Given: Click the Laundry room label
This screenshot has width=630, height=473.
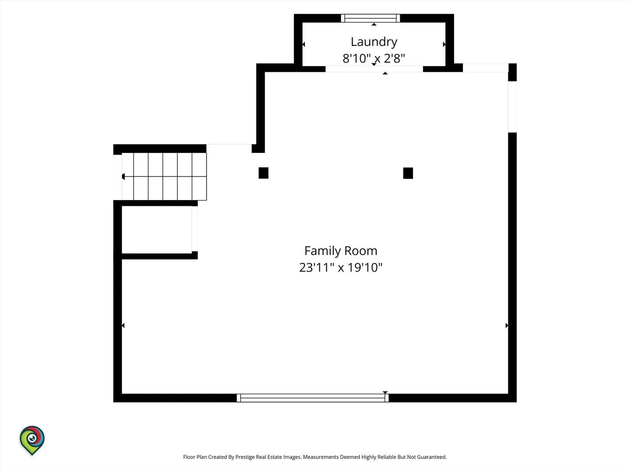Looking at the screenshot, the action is pyautogui.click(x=374, y=42).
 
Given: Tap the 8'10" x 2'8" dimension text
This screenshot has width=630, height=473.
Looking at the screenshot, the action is pyautogui.click(x=374, y=58).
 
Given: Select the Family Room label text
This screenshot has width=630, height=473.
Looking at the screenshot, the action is pyautogui.click(x=341, y=251).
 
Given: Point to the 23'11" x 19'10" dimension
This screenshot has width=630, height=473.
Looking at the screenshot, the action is pyautogui.click(x=341, y=267).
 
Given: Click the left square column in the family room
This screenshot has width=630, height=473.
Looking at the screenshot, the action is pyautogui.click(x=263, y=173).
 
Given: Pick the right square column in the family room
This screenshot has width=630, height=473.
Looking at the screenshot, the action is pyautogui.click(x=408, y=173).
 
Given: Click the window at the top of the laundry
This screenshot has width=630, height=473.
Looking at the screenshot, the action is pyautogui.click(x=370, y=18).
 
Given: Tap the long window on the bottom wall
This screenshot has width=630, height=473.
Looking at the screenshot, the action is pyautogui.click(x=312, y=398).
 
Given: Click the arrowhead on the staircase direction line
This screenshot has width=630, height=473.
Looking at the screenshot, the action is pyautogui.click(x=123, y=176).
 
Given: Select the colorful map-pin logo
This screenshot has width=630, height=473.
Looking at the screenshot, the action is pyautogui.click(x=32, y=441).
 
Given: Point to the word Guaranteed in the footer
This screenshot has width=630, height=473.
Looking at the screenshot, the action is pyautogui.click(x=432, y=457).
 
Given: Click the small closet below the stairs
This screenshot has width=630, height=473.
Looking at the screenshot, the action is pyautogui.click(x=157, y=229).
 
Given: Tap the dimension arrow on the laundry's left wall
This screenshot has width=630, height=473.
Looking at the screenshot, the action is pyautogui.click(x=304, y=44).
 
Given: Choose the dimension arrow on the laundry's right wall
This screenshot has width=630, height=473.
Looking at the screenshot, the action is pyautogui.click(x=444, y=44).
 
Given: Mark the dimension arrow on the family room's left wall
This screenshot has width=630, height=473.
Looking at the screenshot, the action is pyautogui.click(x=123, y=325).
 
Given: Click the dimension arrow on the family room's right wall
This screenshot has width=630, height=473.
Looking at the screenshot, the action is pyautogui.click(x=507, y=325).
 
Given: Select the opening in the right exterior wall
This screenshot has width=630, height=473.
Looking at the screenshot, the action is pyautogui.click(x=512, y=107).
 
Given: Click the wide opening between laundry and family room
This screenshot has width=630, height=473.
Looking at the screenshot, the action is pyautogui.click(x=374, y=69).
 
